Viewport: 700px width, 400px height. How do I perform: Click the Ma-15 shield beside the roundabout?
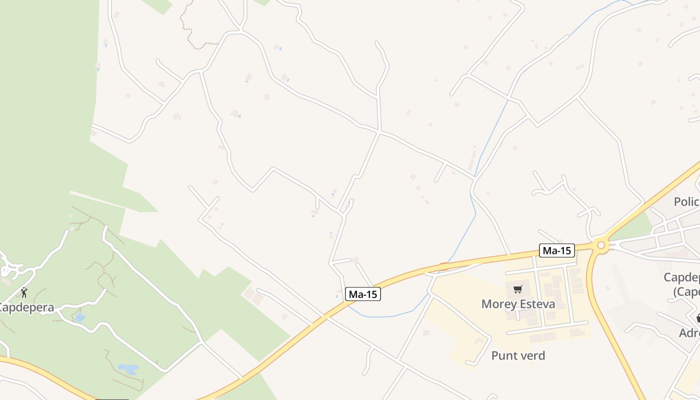[556, 250]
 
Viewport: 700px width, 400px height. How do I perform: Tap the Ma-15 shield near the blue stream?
[363, 294]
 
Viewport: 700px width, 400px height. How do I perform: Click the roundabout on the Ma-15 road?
[601, 245]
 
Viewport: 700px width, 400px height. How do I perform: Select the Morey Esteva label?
[518, 304]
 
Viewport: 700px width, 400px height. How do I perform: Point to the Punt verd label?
[518, 355]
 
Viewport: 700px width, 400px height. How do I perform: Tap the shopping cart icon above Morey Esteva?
[517, 289]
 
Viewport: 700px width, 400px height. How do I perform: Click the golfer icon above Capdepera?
[24, 292]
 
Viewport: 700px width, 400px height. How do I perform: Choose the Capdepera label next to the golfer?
[26, 307]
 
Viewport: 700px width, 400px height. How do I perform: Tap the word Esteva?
[537, 304]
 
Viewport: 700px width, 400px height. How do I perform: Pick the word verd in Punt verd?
[532, 355]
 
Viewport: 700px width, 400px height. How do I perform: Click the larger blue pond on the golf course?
[128, 369]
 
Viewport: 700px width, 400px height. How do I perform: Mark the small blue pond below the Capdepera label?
[79, 317]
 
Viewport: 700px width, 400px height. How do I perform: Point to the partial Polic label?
[686, 201]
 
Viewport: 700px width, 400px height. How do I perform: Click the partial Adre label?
[689, 333]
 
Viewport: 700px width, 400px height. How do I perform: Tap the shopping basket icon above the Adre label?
[698, 318]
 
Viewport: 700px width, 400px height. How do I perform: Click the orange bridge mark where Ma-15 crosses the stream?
[444, 266]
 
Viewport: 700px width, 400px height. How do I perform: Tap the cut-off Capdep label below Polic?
[681, 277]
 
